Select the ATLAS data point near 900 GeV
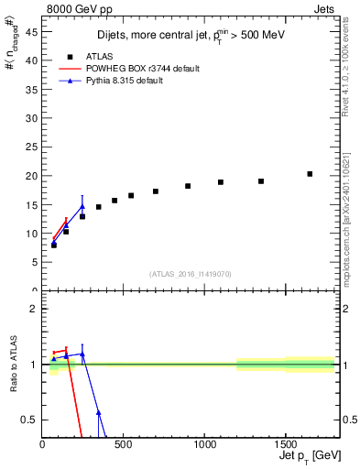[x=188, y=186]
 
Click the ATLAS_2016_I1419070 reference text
[x=191, y=273]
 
